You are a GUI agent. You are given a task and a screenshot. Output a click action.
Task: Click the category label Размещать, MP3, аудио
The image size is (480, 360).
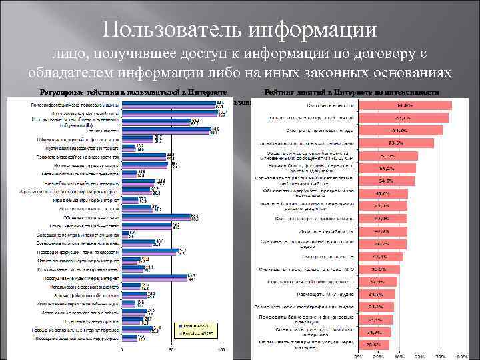pos(326,294)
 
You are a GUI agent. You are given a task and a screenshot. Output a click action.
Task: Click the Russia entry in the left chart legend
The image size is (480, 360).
pos(195,335)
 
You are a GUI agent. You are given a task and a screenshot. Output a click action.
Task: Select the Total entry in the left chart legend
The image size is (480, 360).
pos(195,327)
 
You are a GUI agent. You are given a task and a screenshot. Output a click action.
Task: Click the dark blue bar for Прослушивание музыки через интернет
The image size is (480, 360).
pos(157,274)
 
